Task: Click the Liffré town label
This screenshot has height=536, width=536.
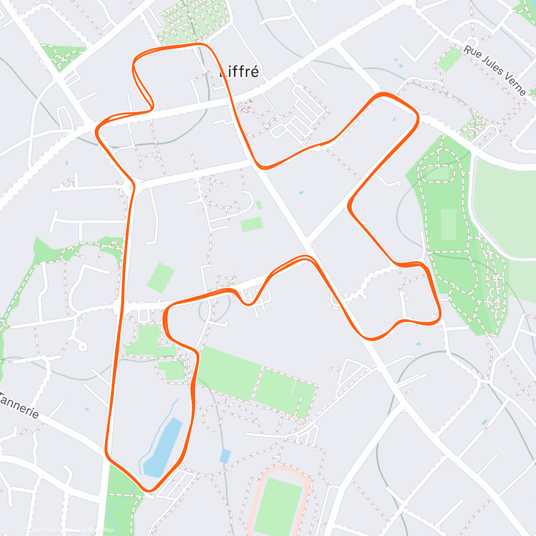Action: click(239, 72)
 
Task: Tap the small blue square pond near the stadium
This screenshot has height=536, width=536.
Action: click(226, 456)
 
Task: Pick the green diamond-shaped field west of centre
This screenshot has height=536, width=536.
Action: click(160, 277)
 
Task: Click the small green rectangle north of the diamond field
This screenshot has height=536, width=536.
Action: click(252, 224)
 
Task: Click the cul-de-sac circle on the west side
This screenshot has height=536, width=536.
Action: click(82, 346)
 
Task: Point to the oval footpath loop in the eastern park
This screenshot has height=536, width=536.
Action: click(439, 172)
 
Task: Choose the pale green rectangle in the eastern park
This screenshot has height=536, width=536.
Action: click(448, 224)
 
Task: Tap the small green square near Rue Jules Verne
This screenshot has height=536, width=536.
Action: click(449, 60)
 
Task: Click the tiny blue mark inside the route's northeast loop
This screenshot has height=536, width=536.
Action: click(394, 119)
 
